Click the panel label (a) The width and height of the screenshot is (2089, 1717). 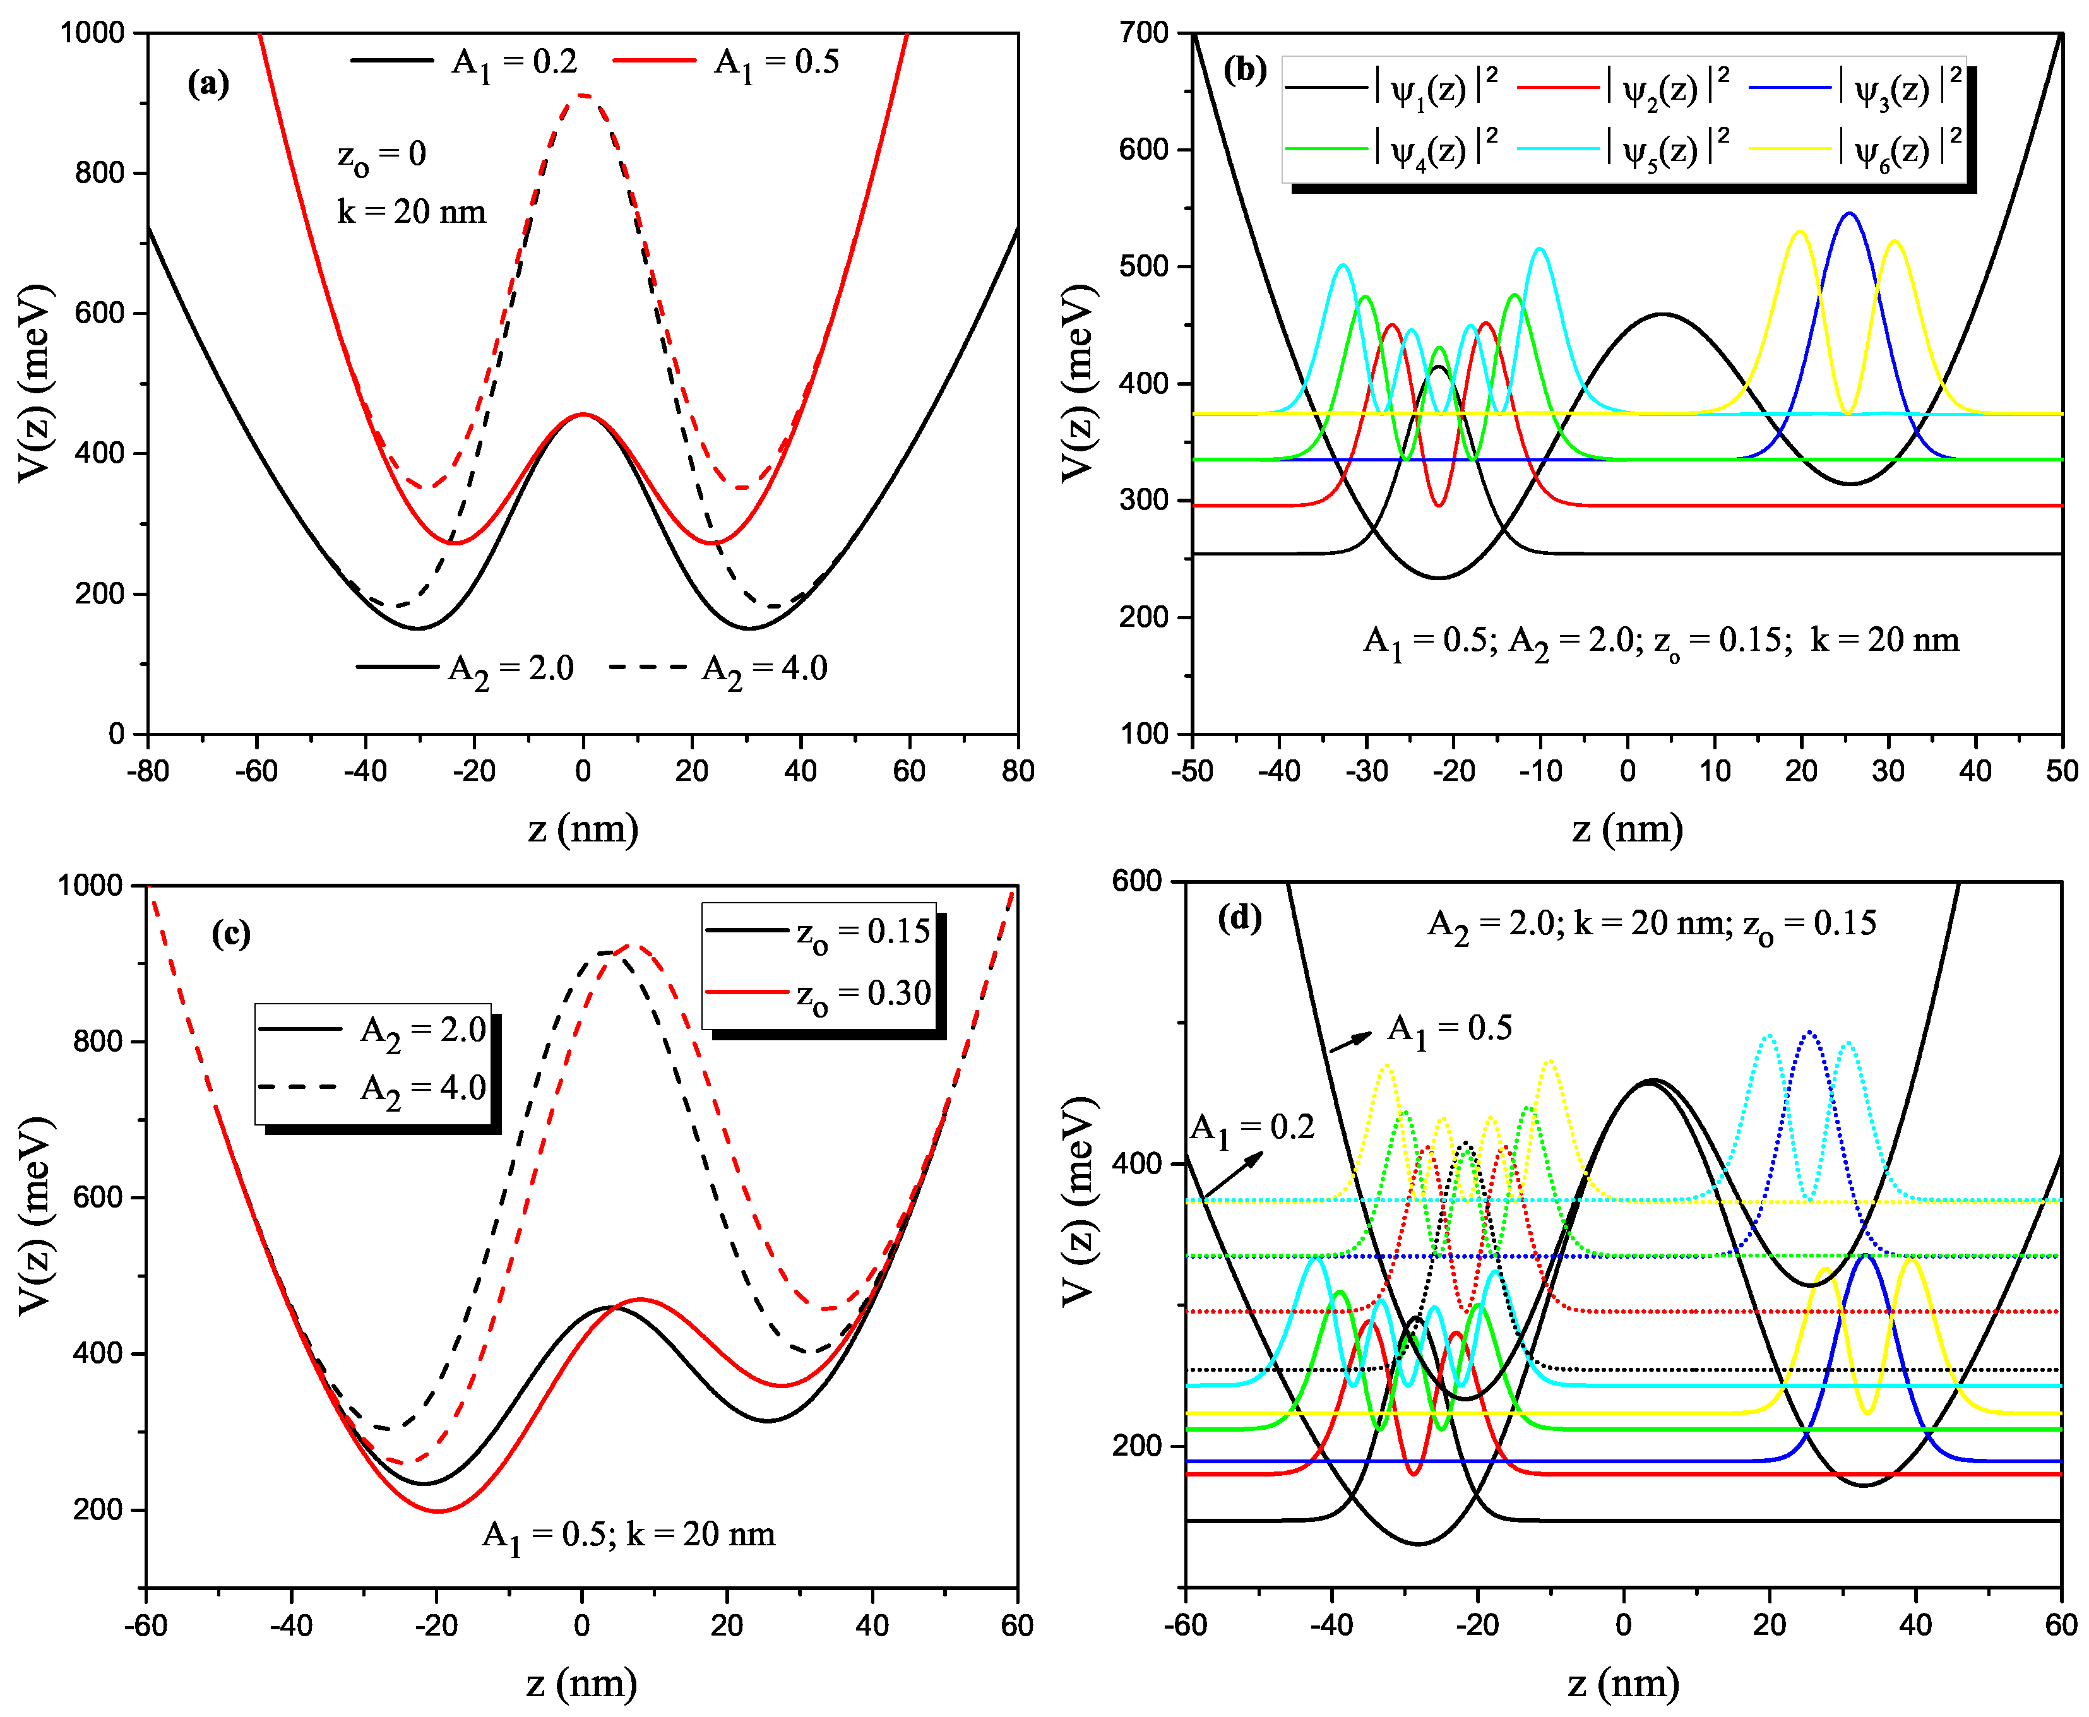(x=208, y=84)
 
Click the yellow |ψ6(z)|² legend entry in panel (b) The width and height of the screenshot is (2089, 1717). (x=1855, y=150)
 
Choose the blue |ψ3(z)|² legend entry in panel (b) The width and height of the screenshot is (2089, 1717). (x=1855, y=89)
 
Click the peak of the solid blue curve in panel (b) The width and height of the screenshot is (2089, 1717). (x=1848, y=213)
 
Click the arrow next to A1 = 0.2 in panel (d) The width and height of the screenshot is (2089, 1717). (x=1232, y=1175)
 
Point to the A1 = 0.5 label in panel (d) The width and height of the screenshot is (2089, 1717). (x=1449, y=1028)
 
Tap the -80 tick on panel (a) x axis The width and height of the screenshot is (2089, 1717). (x=148, y=771)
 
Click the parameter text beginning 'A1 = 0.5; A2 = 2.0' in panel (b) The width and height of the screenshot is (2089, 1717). (x=1661, y=641)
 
